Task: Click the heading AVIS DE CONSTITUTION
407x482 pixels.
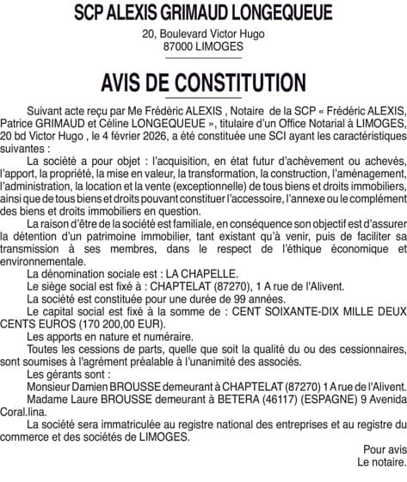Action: point(203,83)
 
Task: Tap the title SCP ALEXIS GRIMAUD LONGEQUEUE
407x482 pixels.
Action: point(203,14)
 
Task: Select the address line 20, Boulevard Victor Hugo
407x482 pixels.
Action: point(203,34)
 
